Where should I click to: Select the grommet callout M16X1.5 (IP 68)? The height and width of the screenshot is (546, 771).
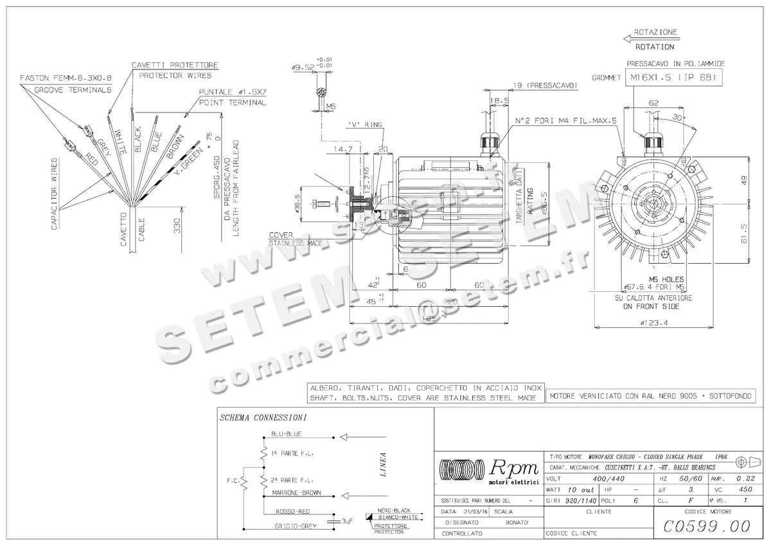click(x=674, y=77)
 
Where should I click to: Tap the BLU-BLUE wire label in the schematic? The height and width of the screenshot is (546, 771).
click(x=286, y=434)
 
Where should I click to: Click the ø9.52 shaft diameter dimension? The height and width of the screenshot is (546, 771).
click(x=303, y=67)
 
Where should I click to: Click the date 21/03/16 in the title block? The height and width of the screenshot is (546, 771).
click(x=475, y=511)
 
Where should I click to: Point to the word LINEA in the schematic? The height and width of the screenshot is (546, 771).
click(x=383, y=464)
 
